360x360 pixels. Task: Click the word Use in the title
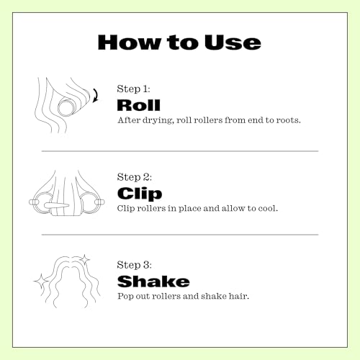(233, 42)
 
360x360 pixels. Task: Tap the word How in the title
(130, 42)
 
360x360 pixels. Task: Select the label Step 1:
(133, 89)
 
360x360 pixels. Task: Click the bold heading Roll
(138, 105)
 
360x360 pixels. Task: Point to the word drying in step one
(158, 120)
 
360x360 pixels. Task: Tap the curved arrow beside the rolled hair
(96, 95)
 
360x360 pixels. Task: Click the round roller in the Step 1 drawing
(66, 107)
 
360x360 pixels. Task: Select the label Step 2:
(135, 177)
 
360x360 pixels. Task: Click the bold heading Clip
(140, 194)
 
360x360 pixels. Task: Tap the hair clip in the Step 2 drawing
(56, 206)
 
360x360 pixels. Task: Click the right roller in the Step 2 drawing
(91, 202)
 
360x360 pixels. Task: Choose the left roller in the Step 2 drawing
(41, 202)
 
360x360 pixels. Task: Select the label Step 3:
(135, 265)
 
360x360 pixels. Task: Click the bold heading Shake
(153, 282)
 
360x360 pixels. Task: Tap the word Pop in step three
(125, 297)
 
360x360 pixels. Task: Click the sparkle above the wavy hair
(84, 259)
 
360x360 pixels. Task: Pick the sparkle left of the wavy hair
(41, 281)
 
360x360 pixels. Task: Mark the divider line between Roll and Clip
(180, 151)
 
